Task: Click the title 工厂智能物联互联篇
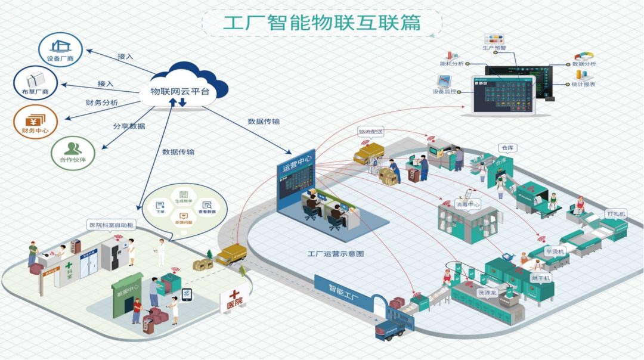(321, 22)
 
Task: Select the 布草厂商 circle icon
(35, 83)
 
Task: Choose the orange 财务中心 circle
(35, 122)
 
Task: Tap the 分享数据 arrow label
(129, 126)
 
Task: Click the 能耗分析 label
(451, 63)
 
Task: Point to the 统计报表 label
(583, 84)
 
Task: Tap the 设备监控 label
(444, 92)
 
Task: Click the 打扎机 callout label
(615, 213)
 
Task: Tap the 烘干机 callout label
(541, 278)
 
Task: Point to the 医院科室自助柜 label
(112, 225)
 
